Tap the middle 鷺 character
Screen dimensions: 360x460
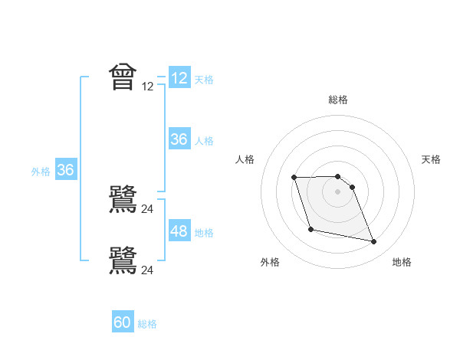pos(123,200)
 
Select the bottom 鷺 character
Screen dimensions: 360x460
pos(123,260)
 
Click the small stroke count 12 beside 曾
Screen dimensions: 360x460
pos(148,87)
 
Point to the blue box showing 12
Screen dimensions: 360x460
pos(179,78)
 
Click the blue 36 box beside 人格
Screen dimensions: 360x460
pos(179,139)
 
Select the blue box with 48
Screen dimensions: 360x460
pos(179,231)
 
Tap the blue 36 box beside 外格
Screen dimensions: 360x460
pos(66,170)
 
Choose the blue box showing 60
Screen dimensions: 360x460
pos(123,322)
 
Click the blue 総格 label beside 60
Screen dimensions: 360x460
pos(147,324)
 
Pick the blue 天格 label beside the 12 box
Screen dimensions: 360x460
pos(204,80)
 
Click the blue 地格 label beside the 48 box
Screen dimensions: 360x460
pos(204,233)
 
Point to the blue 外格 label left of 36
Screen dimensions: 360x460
pos(41,172)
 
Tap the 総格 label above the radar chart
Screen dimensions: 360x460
pos(338,100)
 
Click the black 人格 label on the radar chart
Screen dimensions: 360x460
pos(245,159)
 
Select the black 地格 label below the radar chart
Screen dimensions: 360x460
pos(402,262)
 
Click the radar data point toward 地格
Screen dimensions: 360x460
pos(374,242)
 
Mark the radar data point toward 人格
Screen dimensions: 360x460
pos(294,178)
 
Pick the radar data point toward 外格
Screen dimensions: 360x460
pos(310,229)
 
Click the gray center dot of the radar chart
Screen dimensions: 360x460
pos(338,191)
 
